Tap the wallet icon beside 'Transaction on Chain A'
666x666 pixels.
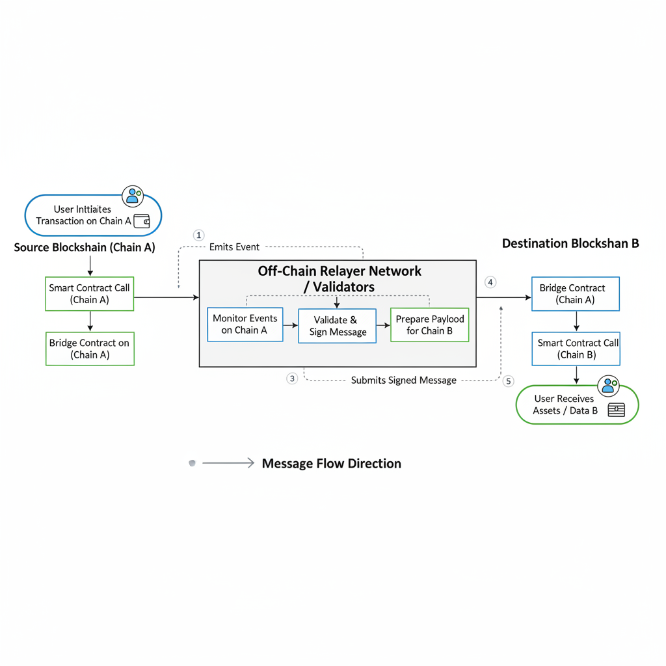142,221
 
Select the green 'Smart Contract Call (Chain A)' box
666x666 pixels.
90,294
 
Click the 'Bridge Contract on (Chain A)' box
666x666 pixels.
90,349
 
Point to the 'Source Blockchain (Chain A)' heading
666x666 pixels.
85,247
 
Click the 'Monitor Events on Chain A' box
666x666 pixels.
245,325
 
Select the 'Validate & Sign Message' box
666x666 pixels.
337,326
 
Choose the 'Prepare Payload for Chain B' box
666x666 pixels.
429,325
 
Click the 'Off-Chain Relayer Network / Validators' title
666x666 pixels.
340,278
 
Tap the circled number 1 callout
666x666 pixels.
199,235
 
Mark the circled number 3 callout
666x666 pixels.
292,379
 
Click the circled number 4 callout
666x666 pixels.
490,282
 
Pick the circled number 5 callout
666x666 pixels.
509,381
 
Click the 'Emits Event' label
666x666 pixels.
234,247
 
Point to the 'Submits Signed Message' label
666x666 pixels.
403,380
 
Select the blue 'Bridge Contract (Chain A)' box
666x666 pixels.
575,294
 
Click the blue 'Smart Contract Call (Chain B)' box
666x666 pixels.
576,349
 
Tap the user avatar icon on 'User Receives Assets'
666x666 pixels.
609,386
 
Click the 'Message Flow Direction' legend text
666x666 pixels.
331,464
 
